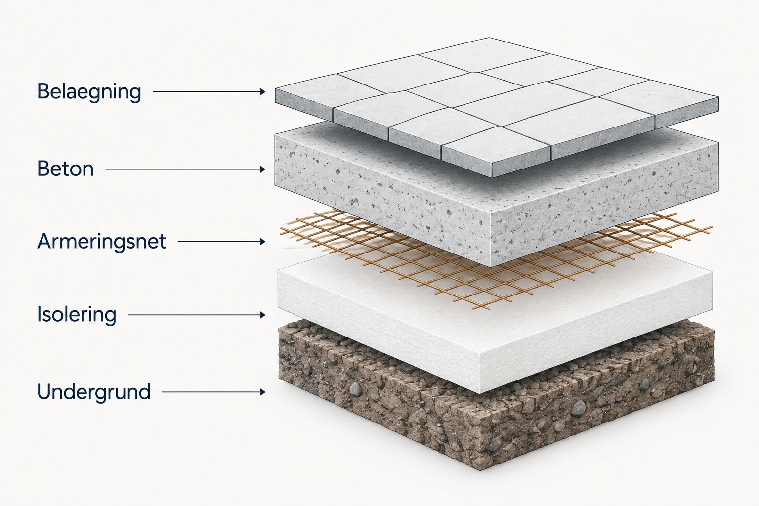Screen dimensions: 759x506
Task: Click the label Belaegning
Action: click(x=89, y=92)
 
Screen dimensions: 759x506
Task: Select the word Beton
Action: click(x=65, y=169)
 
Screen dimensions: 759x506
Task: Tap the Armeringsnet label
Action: click(x=102, y=242)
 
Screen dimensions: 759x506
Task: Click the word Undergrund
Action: click(x=94, y=392)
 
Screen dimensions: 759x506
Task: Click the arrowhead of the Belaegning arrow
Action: click(x=262, y=91)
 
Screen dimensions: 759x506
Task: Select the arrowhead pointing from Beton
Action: click(x=262, y=169)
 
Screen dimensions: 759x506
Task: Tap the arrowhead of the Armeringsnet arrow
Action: click(x=262, y=242)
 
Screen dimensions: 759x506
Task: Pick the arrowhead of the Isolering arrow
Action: click(x=262, y=315)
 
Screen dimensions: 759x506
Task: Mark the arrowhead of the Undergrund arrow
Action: click(x=262, y=392)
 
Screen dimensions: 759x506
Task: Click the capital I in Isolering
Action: click(x=40, y=314)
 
